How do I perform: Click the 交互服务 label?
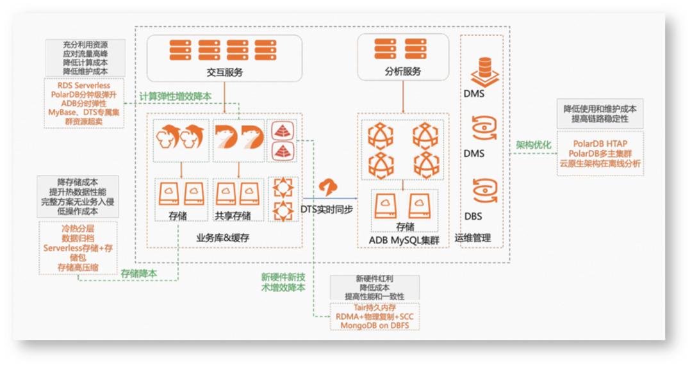coord(225,72)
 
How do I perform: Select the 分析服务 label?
coord(403,72)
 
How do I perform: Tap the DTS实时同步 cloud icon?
coord(328,187)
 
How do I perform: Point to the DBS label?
coord(474,216)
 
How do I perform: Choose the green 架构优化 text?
coord(534,145)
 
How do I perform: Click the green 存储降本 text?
coord(139,273)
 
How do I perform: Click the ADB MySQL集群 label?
coord(404,240)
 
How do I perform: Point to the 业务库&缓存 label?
coord(223,238)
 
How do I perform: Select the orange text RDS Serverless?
coord(83,85)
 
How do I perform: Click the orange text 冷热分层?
coord(78,227)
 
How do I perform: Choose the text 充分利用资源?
coord(85,45)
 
